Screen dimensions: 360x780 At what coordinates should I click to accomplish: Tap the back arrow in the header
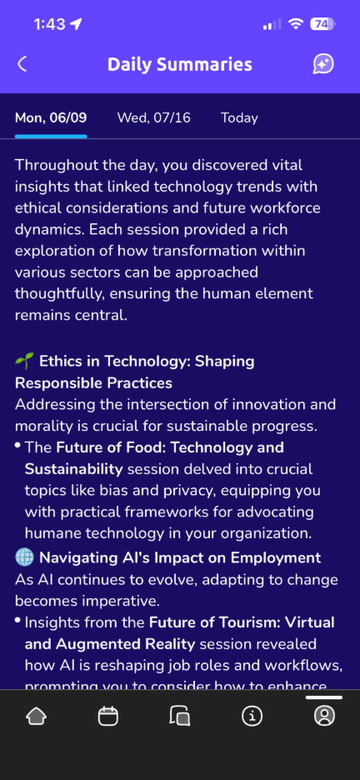[22, 64]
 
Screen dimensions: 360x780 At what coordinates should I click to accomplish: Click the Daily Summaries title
[179, 64]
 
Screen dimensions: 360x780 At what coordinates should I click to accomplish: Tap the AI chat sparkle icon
[323, 64]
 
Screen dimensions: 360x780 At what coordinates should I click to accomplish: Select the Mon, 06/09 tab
[51, 117]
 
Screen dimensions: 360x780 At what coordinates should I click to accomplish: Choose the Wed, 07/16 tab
[153, 117]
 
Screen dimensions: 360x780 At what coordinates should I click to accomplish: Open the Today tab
[239, 117]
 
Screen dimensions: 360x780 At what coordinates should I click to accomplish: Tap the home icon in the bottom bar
[36, 716]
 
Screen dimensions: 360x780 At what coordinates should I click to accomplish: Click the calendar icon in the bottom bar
[107, 716]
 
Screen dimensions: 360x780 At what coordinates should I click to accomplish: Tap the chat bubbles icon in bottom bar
[179, 716]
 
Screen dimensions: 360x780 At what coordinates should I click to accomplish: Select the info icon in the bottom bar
[252, 716]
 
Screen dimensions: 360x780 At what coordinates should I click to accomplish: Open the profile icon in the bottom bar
[324, 716]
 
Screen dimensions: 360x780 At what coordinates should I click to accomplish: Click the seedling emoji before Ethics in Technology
[24, 361]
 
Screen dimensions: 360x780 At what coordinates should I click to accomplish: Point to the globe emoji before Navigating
[24, 557]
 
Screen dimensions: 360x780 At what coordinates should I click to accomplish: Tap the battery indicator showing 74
[322, 24]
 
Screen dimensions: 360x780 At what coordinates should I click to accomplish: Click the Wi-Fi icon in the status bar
[296, 24]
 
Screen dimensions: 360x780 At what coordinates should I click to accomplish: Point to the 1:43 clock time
[51, 24]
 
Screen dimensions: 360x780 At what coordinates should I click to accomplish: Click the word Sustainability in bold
[73, 468]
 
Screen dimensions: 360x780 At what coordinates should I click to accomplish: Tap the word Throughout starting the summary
[53, 165]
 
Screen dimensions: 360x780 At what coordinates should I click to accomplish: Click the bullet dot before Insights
[17, 620]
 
